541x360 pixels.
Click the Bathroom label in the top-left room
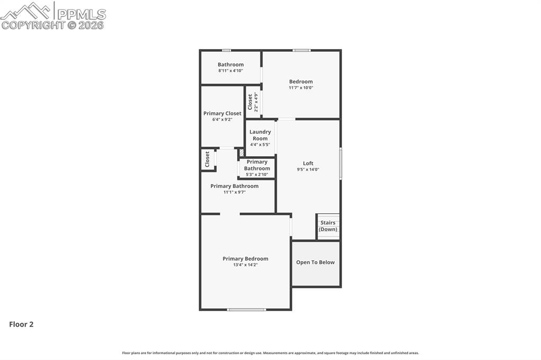(230, 64)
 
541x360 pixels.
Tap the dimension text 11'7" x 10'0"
(301, 88)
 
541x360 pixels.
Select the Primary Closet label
(222, 113)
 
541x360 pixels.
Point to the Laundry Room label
(260, 135)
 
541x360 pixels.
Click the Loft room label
(308, 164)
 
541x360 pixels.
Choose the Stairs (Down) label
(328, 226)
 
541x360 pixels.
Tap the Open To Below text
(315, 262)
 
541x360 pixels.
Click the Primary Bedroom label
(245, 259)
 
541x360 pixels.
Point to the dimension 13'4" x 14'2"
(245, 265)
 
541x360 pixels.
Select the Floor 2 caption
(21, 324)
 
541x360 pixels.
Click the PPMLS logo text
(81, 14)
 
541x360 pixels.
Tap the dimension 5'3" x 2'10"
(257, 175)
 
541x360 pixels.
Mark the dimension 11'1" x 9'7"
(234, 192)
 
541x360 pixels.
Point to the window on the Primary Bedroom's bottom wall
(246, 309)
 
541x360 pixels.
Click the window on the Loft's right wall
(341, 164)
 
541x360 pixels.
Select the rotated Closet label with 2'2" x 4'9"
(253, 102)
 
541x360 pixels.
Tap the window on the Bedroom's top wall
(302, 50)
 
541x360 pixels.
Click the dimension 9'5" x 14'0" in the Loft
(308, 169)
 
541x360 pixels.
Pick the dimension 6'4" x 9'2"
(222, 120)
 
